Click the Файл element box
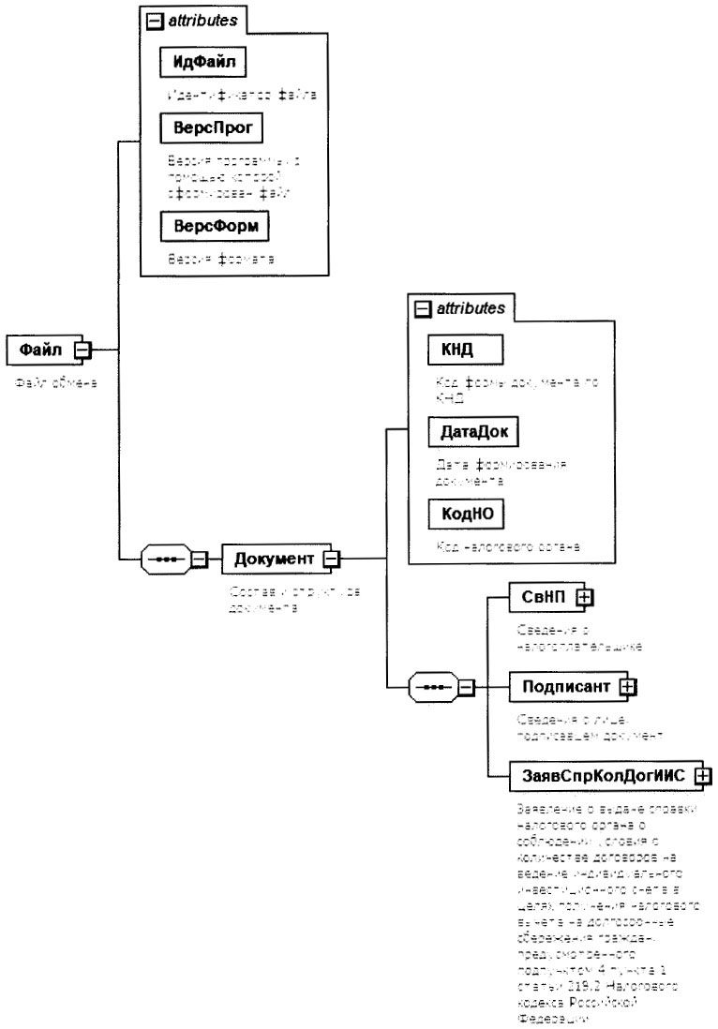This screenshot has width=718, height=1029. [40, 350]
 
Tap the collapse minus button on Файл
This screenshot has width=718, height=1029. [82, 350]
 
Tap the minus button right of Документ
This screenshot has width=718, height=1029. [330, 559]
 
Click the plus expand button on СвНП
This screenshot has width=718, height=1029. [583, 596]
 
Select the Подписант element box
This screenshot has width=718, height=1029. [566, 687]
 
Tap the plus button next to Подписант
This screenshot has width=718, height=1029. [628, 687]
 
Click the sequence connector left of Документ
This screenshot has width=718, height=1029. [164, 559]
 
